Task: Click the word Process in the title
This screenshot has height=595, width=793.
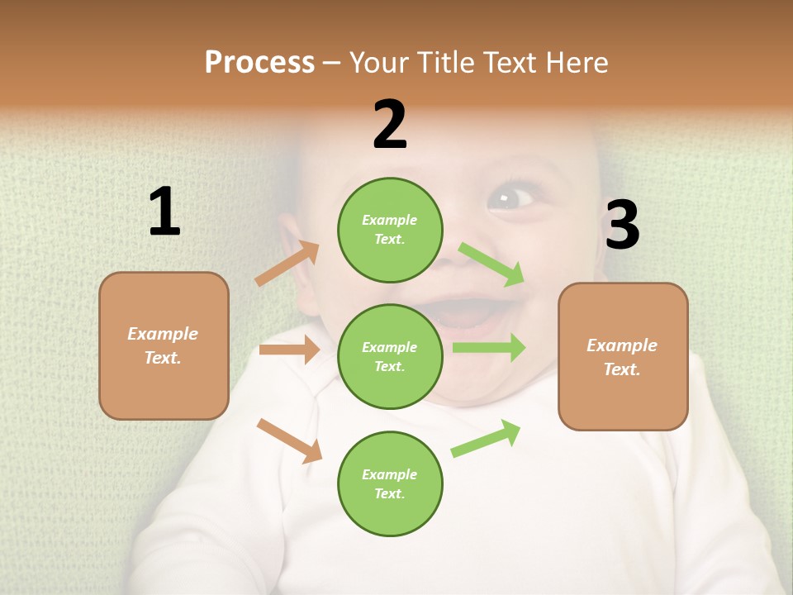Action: (x=259, y=63)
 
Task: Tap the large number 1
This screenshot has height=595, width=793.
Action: (x=164, y=212)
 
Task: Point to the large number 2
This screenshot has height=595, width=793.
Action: (x=390, y=125)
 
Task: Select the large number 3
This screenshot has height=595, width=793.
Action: (x=622, y=225)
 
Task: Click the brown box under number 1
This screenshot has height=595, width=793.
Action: (x=164, y=345)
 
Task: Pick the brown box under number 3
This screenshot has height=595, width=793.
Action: (x=623, y=356)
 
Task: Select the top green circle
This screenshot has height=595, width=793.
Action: (x=390, y=230)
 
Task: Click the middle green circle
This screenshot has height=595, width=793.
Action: (x=390, y=356)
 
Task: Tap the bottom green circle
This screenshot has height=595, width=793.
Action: (x=390, y=483)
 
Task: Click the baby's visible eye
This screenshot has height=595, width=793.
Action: (x=510, y=198)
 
